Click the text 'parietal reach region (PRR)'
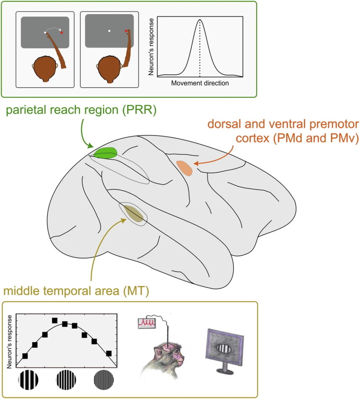(81, 111)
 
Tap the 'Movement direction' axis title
(200, 83)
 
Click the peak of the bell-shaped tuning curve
(200, 20)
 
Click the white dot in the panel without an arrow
(110, 30)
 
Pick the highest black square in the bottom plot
(55, 320)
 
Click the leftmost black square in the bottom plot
(25, 356)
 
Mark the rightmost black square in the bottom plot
(109, 353)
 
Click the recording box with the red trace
(147, 322)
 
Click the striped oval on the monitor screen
(221, 348)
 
